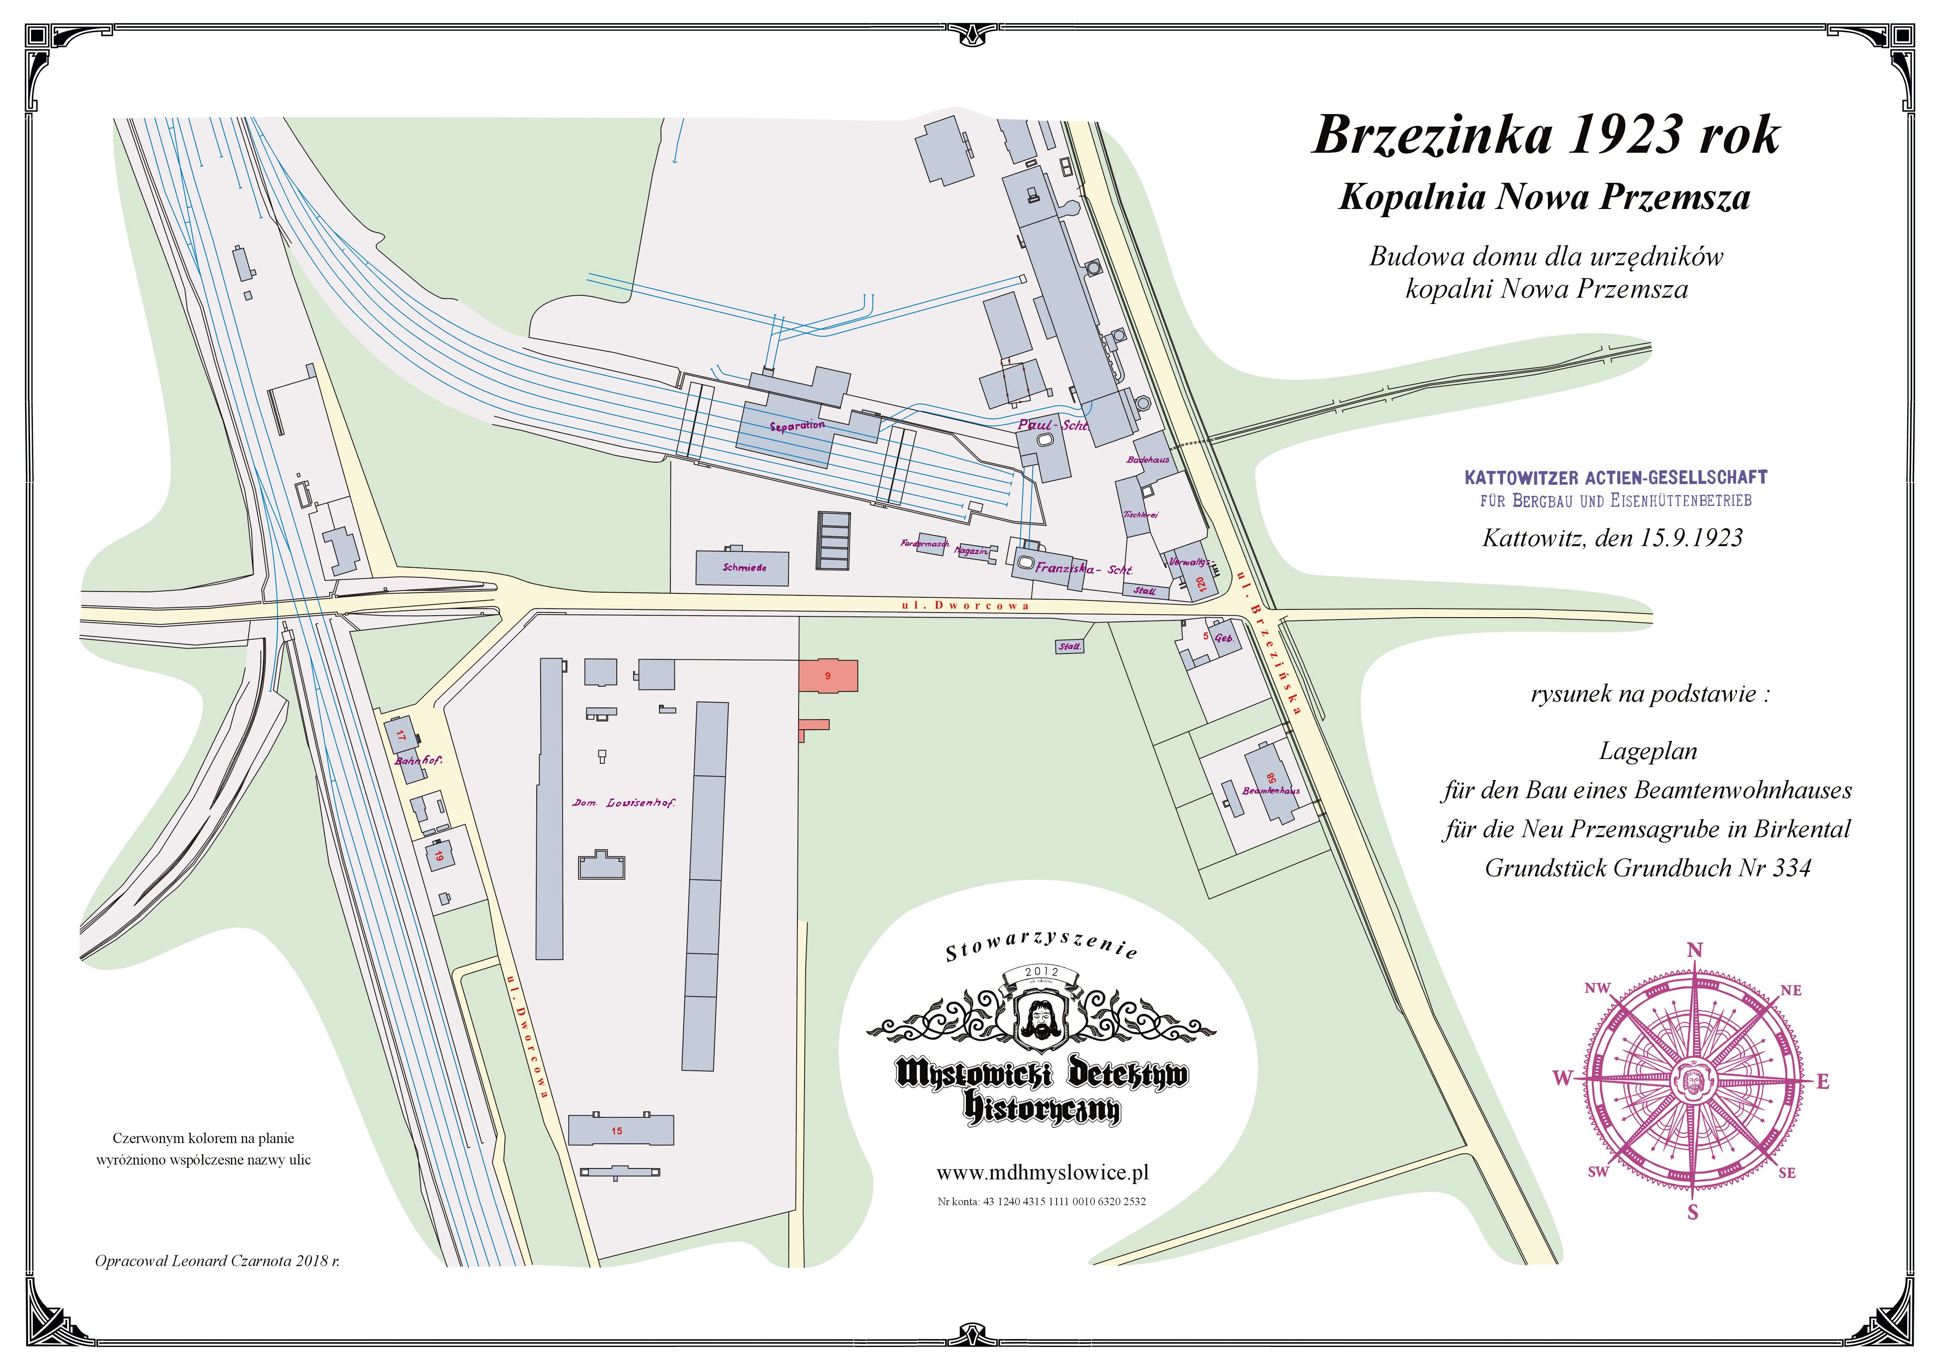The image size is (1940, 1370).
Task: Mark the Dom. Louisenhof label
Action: pyautogui.click(x=623, y=802)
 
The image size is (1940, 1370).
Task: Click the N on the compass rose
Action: pyautogui.click(x=1694, y=950)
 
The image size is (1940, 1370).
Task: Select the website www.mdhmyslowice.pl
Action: pyautogui.click(x=1042, y=1173)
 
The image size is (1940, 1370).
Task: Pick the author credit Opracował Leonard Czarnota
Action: pyautogui.click(x=217, y=1261)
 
